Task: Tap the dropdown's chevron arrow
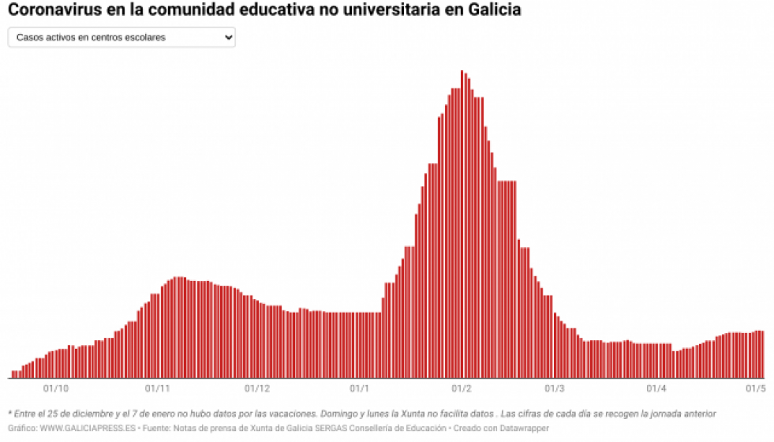(x=228, y=37)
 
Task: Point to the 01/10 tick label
(x=56, y=388)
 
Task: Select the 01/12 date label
(x=257, y=388)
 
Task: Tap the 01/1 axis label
(x=359, y=388)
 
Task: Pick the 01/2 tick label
(x=462, y=388)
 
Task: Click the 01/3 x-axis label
(x=554, y=388)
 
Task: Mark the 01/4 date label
(x=656, y=388)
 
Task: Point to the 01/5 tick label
(x=756, y=388)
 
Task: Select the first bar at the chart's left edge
(x=13, y=374)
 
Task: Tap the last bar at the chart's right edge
(x=762, y=354)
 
